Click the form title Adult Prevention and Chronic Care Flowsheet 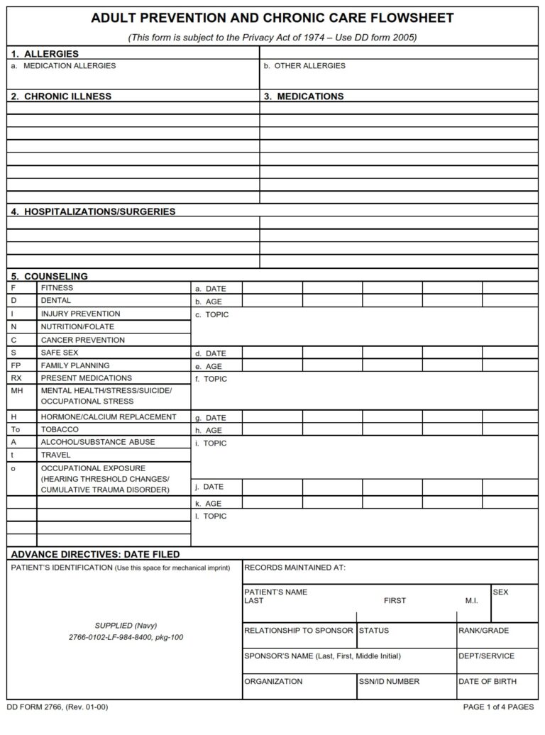(x=272, y=18)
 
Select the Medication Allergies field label (x=70, y=66)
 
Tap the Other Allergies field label (x=304, y=66)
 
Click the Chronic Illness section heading (x=61, y=96)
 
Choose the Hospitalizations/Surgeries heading (x=93, y=211)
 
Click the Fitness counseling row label (x=57, y=288)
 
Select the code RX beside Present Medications (x=16, y=378)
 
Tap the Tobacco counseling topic (x=60, y=429)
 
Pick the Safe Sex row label (x=60, y=352)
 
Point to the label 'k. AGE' (x=209, y=504)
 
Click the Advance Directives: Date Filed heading (x=95, y=554)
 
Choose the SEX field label (x=500, y=592)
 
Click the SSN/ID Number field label (x=389, y=682)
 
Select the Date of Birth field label (x=488, y=682)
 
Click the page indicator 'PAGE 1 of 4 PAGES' (x=498, y=707)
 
